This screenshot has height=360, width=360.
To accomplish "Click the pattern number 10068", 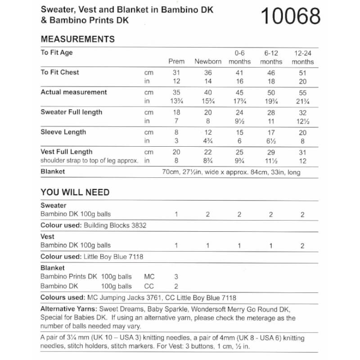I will (291, 17).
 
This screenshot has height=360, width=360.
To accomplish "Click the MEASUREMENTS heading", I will (77, 39).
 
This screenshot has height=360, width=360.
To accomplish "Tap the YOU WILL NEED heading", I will (75, 192).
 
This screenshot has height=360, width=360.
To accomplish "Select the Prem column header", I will (176, 62).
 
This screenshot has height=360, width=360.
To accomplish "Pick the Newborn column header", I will (208, 62).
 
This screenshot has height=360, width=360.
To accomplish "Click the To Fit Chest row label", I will (60, 72).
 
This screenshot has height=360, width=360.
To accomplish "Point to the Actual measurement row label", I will (74, 92).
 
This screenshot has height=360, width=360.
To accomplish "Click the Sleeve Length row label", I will (63, 132).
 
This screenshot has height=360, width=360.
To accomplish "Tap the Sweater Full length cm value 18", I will (176, 112).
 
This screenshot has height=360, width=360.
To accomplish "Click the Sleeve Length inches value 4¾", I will (208, 141).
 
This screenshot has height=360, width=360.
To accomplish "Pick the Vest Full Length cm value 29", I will (271, 152).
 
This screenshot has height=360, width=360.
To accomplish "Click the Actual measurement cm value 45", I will (239, 92).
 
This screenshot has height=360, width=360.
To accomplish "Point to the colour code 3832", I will (138, 225).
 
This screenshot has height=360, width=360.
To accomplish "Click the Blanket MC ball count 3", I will (176, 277).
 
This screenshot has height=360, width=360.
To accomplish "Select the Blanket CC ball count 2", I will (176, 286).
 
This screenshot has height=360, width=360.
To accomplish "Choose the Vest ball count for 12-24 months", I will (302, 246).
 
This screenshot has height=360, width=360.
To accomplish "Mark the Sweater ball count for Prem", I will (176, 215).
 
